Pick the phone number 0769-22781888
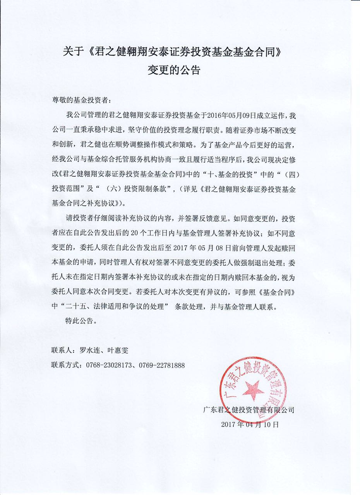160,365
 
